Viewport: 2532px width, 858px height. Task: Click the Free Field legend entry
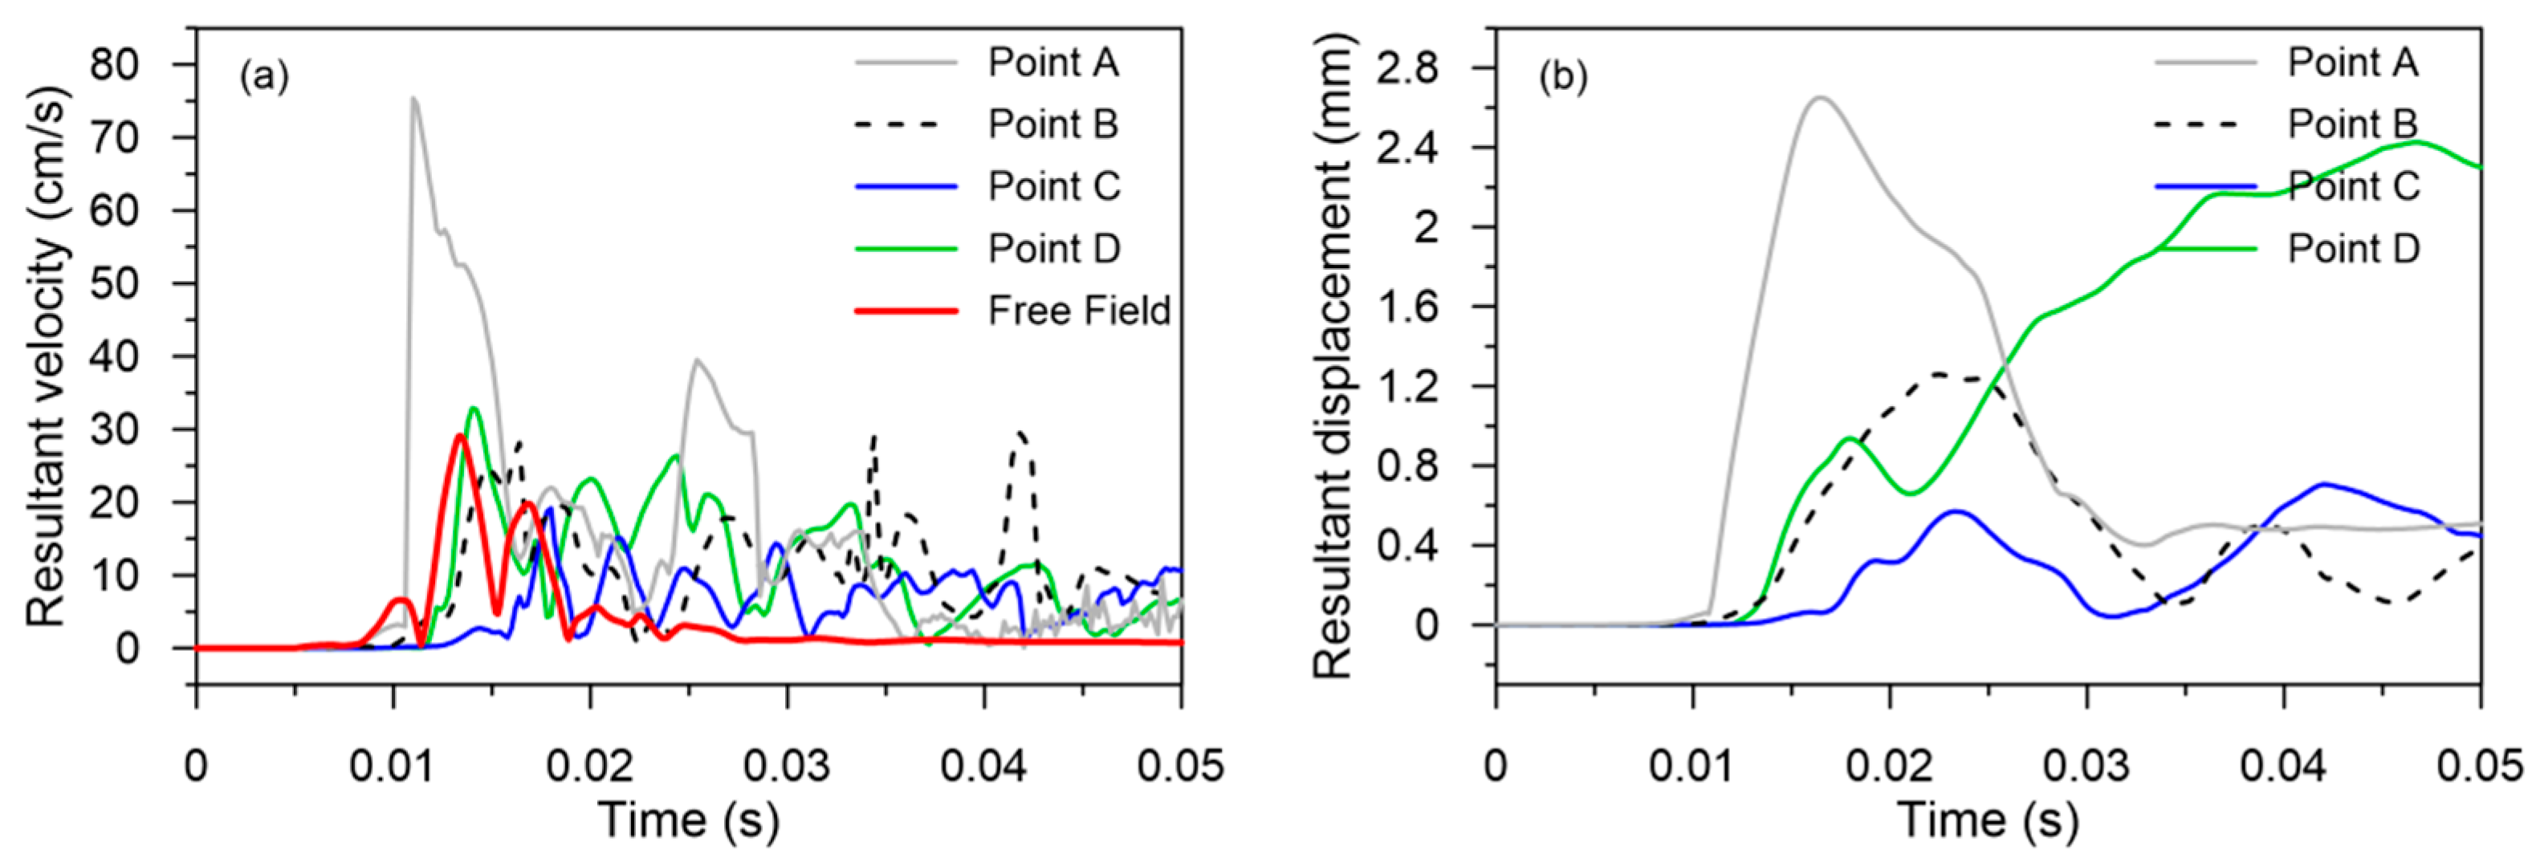(x=1078, y=311)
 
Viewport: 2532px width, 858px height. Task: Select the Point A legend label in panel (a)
(x=1052, y=62)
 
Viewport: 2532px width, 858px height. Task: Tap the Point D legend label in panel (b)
(x=2353, y=249)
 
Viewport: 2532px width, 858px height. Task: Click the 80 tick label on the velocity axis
(x=115, y=65)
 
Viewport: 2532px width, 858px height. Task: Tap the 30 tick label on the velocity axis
(x=115, y=429)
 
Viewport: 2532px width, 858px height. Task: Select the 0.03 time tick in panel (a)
(x=787, y=766)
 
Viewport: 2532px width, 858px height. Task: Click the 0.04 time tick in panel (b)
(x=2283, y=766)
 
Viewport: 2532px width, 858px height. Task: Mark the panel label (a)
(x=264, y=77)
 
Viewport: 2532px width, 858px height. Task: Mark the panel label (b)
(x=1564, y=77)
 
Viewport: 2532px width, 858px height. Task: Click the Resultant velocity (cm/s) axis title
(x=47, y=356)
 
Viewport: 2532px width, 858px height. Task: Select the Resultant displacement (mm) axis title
(x=1333, y=356)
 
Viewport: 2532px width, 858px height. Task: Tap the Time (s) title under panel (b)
(x=1988, y=819)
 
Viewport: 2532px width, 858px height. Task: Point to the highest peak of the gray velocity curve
(x=413, y=98)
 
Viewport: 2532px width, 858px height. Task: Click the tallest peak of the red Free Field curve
(x=459, y=435)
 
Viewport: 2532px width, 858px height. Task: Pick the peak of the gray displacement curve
(x=1819, y=97)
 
